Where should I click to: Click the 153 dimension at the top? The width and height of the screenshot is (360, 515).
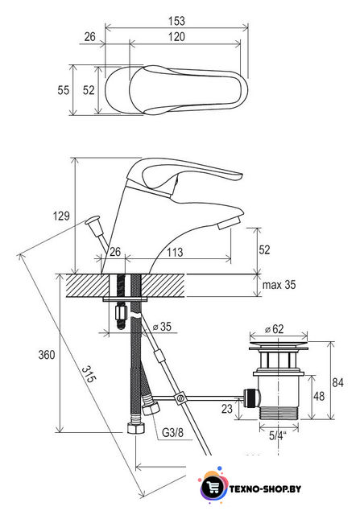pos(176,21)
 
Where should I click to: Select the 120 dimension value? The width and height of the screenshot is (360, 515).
pos(176,36)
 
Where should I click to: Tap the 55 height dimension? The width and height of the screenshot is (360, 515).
pos(63,90)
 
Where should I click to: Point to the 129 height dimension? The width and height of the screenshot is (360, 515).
pos(61,216)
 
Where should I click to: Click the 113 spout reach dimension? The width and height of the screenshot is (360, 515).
pos(175,252)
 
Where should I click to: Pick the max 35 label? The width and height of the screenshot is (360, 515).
pos(279,284)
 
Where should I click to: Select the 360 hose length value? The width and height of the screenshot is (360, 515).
pos(47,355)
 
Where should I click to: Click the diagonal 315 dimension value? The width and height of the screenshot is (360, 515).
pos(89,374)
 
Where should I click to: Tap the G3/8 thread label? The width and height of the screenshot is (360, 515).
pos(172,432)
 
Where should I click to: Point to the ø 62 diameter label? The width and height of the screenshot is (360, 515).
pos(274,329)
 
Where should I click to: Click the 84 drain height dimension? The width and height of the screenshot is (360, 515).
pos(337,382)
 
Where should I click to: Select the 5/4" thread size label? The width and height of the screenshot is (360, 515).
pos(278,435)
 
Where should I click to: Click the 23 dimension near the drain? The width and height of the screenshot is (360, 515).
pos(227,409)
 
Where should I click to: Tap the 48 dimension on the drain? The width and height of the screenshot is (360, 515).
pos(319,396)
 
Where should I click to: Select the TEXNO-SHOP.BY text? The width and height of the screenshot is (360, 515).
pos(265,489)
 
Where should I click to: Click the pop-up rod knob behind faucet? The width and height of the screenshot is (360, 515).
pos(93,220)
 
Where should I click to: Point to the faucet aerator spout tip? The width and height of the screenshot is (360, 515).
pos(230,222)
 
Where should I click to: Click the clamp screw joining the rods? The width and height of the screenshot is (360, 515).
pos(180,398)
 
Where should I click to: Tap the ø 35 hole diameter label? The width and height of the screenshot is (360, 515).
pos(162,327)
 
